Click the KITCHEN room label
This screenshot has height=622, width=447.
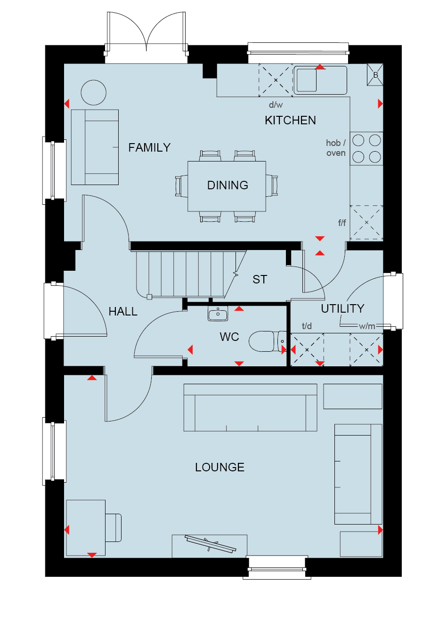pyautogui.click(x=290, y=121)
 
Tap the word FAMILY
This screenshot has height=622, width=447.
pyautogui.click(x=149, y=147)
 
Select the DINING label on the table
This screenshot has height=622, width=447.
pyautogui.click(x=228, y=185)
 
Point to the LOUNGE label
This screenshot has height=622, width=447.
pyautogui.click(x=220, y=468)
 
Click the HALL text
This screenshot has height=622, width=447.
pyautogui.click(x=123, y=312)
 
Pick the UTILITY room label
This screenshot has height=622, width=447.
pyautogui.click(x=342, y=308)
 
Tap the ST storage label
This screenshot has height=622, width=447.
pyautogui.click(x=260, y=279)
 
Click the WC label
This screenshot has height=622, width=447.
pyautogui.click(x=229, y=337)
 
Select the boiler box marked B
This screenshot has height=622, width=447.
pyautogui.click(x=375, y=75)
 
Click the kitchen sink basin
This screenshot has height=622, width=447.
pyautogui.click(x=307, y=80)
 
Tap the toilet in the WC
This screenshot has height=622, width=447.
pyautogui.click(x=267, y=341)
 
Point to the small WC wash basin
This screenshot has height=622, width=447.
pyautogui.click(x=218, y=314)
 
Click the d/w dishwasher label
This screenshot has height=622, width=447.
pyautogui.click(x=276, y=105)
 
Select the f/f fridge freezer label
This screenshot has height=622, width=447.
pyautogui.click(x=342, y=222)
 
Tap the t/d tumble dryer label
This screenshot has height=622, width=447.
pyautogui.click(x=307, y=326)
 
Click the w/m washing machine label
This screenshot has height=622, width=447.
pyautogui.click(x=367, y=326)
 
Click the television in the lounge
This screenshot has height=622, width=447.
pyautogui.click(x=210, y=543)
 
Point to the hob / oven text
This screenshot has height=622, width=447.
pyautogui.click(x=336, y=148)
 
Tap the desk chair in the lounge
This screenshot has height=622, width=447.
pyautogui.click(x=114, y=527)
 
